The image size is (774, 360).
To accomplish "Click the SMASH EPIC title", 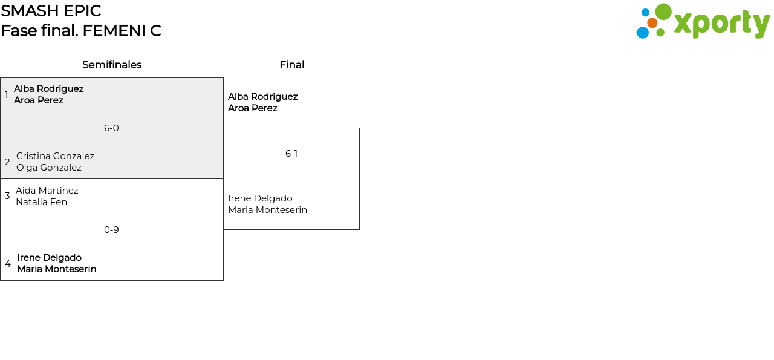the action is [x=51, y=11].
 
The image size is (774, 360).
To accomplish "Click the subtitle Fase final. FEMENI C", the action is [x=81, y=31].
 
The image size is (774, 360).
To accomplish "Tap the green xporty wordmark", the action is [x=722, y=24].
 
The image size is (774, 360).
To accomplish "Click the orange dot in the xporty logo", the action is [x=652, y=23].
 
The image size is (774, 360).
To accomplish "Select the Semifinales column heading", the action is [x=112, y=65].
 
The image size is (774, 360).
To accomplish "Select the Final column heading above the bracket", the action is [x=292, y=65].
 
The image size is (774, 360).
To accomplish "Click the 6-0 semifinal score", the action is [x=111, y=128].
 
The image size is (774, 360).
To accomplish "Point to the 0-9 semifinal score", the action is [x=111, y=230].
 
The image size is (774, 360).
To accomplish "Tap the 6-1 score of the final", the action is [x=291, y=154].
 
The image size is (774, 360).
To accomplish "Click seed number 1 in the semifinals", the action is [x=6, y=95].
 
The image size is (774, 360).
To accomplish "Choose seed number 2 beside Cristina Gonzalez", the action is [x=7, y=162].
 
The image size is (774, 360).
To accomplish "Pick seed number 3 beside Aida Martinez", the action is [x=7, y=196].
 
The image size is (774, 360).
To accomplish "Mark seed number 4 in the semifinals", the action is [x=8, y=264].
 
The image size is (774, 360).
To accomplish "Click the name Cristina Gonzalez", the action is [x=55, y=156].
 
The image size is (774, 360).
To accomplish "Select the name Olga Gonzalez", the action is [x=49, y=168].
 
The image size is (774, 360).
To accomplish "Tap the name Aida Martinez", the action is [x=47, y=191].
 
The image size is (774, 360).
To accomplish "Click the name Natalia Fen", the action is [x=42, y=202].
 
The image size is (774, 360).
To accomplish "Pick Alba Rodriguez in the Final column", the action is [x=262, y=97].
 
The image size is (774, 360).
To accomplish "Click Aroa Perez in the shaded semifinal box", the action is [x=39, y=100].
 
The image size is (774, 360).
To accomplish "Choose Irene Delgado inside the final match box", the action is [x=260, y=198].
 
